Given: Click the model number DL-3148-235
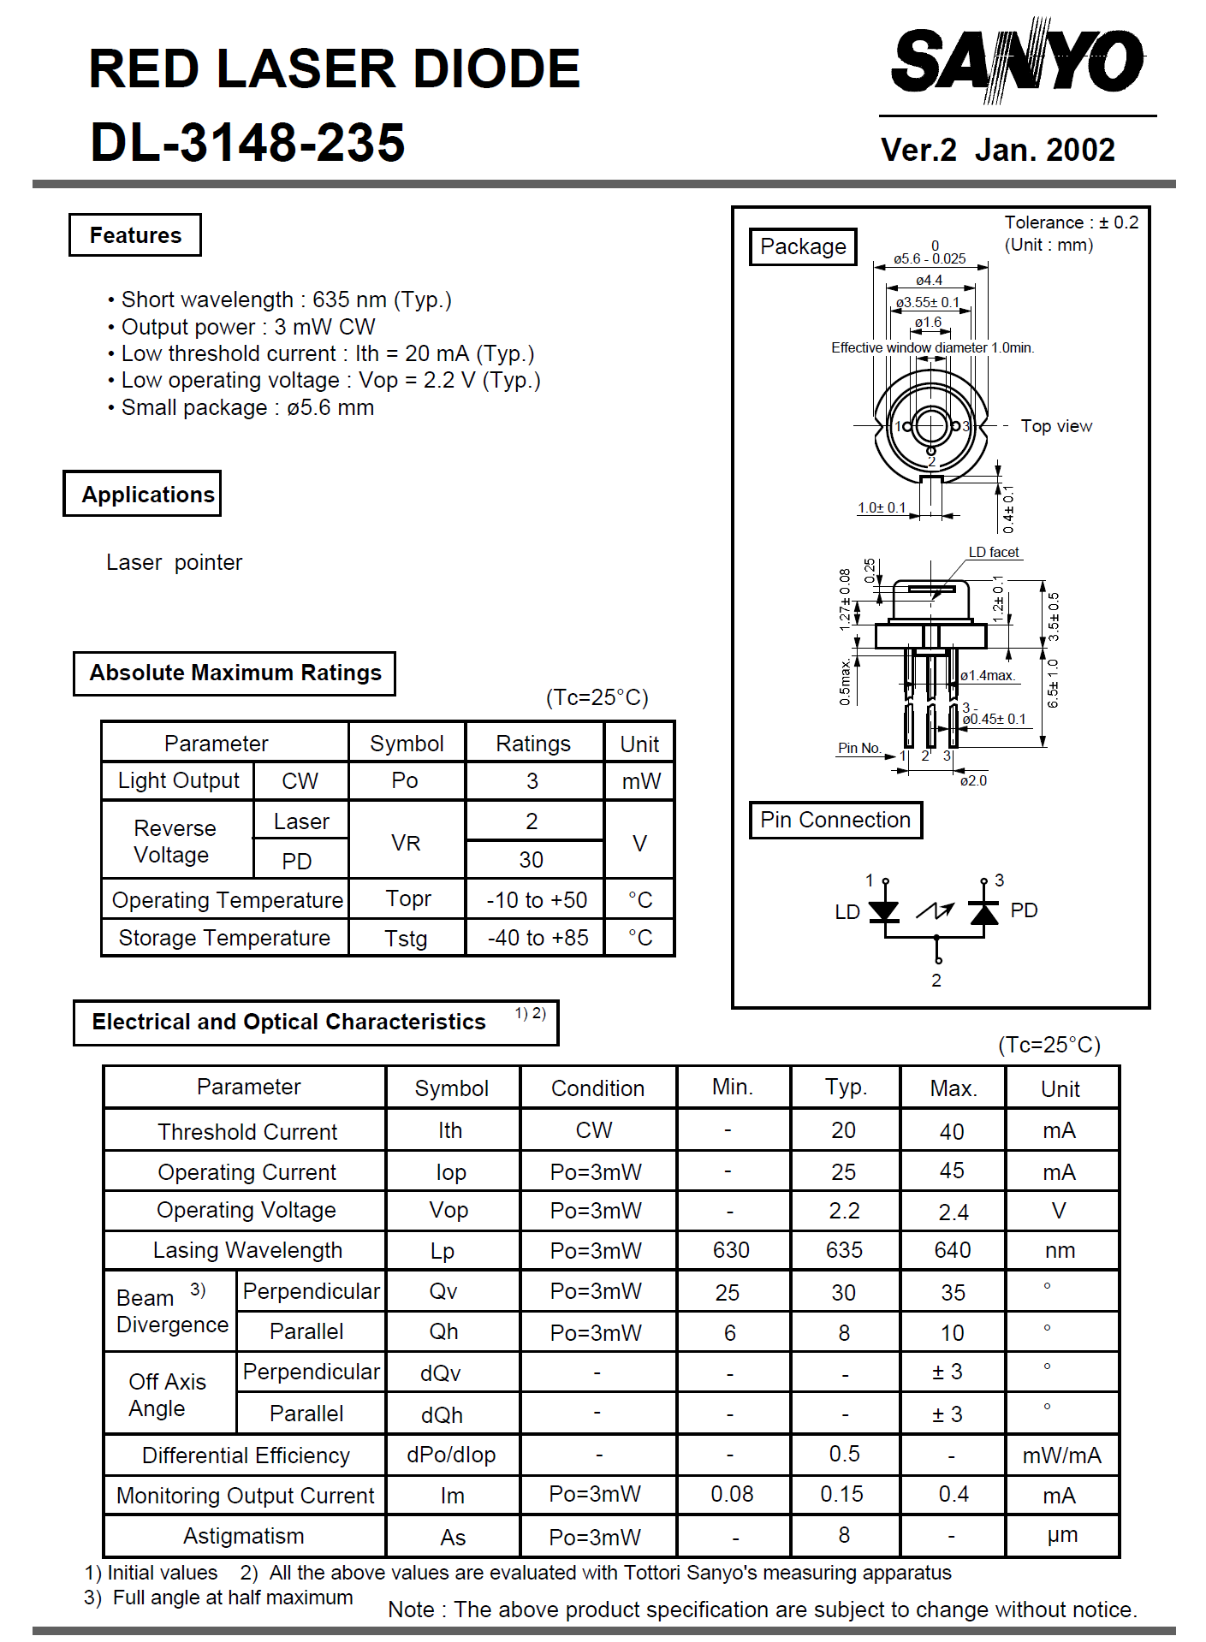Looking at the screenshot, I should pos(247,142).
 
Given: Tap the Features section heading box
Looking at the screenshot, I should pos(135,235).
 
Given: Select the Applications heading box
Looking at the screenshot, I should pos(142,494).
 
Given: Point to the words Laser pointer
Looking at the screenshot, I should pos(174,562).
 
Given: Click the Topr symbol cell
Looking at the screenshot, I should pos(407,899).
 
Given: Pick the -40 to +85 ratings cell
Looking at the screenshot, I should pos(538,938).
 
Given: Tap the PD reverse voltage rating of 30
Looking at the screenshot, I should pos(531,860).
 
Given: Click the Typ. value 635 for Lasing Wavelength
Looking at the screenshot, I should pos(844,1250).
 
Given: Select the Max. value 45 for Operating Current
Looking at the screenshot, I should pos(952,1171).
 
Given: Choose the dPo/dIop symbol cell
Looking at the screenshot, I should pos(451,1455).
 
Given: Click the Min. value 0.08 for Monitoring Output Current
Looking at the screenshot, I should pos(732,1494).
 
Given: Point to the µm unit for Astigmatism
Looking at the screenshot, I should pos(1062,1535).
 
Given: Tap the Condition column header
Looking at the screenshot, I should pos(597,1088).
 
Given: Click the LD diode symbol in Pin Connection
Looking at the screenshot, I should pos(884,911).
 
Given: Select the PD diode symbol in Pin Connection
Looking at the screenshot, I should pos(984,912).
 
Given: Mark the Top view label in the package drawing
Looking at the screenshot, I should pos(1056,426).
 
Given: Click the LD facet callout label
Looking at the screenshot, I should pos(994,552).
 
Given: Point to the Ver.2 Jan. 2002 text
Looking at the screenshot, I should pos(997,150).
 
